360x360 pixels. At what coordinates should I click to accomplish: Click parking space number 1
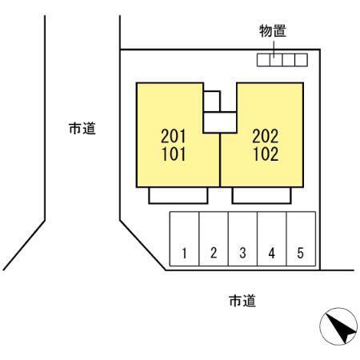coord(185,239)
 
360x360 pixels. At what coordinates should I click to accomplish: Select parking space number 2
coord(214,239)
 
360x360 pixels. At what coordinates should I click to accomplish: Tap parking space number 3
coord(242,239)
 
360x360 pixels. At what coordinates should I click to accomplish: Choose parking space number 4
coord(272,239)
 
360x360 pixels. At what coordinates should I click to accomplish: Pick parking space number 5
coord(301,239)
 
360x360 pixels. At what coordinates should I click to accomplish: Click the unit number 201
coord(174,136)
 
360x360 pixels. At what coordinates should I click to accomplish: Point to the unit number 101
coord(174,154)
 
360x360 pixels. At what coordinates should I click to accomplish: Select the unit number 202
coord(266,136)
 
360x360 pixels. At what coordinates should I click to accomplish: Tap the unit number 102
coord(266,154)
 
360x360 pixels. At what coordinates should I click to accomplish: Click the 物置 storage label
coord(273,30)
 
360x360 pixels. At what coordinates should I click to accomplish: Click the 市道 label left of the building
coord(82,129)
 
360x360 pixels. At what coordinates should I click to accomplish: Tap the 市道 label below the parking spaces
coord(242,301)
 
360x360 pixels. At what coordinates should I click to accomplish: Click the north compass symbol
coord(338,326)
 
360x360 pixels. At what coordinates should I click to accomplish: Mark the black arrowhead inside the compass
coord(342,329)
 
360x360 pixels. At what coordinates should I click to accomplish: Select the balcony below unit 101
coord(178,195)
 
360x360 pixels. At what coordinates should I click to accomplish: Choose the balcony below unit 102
coord(262,195)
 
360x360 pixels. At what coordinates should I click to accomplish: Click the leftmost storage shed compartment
coord(263,60)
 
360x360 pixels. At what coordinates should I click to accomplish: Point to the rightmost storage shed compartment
coord(302,60)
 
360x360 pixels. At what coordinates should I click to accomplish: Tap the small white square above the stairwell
coord(212,102)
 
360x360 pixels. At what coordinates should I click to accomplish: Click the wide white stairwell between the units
coord(220,122)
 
